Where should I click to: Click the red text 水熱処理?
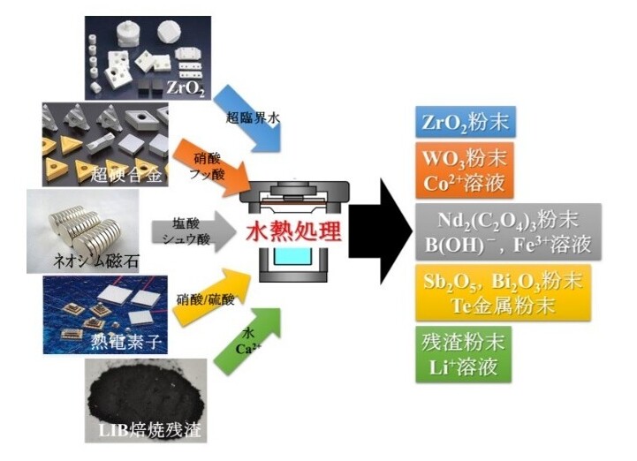(x=293, y=231)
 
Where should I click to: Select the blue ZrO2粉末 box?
(x=466, y=122)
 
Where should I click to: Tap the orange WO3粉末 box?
(x=465, y=170)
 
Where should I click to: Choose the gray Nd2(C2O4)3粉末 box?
(x=508, y=231)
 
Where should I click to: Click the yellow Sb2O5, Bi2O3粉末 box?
(x=503, y=292)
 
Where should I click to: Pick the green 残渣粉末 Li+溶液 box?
(x=464, y=354)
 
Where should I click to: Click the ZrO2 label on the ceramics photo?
(x=186, y=88)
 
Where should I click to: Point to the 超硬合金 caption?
(x=126, y=175)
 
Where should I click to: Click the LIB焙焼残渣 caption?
(x=150, y=430)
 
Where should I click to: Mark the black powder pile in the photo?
(x=147, y=395)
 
